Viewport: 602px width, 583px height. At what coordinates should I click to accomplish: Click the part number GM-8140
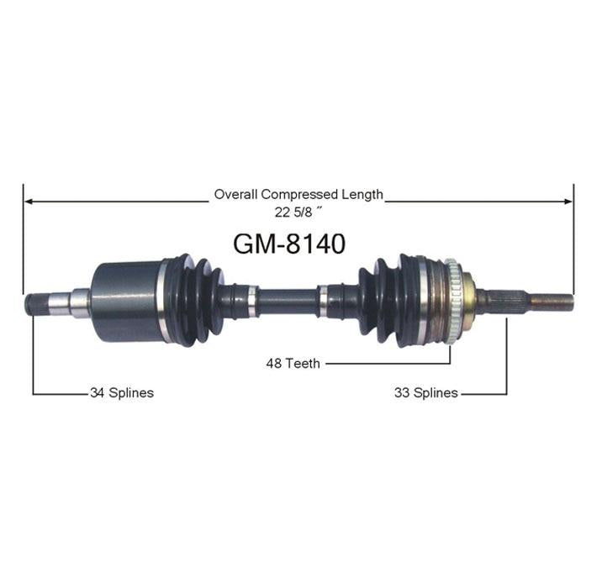(289, 244)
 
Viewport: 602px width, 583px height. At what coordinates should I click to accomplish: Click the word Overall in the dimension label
(235, 194)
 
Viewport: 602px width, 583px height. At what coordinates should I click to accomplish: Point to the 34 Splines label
(122, 392)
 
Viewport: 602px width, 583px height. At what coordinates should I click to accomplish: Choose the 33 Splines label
(425, 392)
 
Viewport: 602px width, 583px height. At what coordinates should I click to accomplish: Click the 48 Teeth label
(293, 363)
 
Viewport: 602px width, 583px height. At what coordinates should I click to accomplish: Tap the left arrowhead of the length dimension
(29, 202)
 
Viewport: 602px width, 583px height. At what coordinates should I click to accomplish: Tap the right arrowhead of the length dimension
(568, 202)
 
